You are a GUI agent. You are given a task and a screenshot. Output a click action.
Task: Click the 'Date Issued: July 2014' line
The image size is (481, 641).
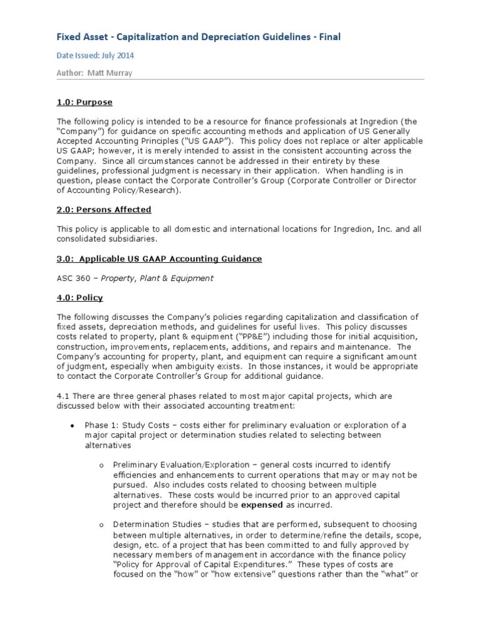[95, 55]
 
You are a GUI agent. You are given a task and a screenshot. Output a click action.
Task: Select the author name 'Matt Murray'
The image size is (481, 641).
[111, 73]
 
